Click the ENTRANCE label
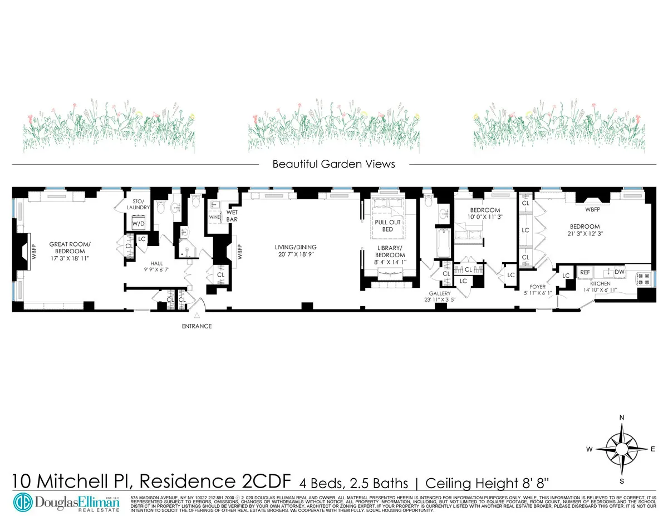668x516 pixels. click(197, 326)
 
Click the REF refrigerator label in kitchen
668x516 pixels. click(585, 272)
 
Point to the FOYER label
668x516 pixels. click(538, 287)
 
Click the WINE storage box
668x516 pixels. click(214, 217)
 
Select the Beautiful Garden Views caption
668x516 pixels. click(333, 164)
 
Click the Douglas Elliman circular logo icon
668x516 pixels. click(24, 500)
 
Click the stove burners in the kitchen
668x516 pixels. click(644, 278)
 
